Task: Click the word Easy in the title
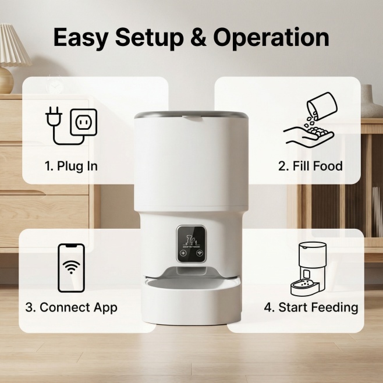(80, 38)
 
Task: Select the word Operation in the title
(271, 38)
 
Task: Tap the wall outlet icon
(84, 122)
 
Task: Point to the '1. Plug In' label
(72, 166)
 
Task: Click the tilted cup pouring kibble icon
(322, 105)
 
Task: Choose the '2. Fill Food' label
(310, 166)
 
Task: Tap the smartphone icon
(72, 268)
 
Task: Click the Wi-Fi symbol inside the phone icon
(72, 267)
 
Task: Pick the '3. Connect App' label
(72, 307)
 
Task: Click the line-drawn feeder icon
(308, 269)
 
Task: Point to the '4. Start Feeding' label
(311, 307)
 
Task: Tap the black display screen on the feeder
(191, 244)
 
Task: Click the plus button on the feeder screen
(183, 253)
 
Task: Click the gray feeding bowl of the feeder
(191, 284)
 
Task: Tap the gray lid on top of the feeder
(191, 115)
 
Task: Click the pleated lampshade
(13, 45)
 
